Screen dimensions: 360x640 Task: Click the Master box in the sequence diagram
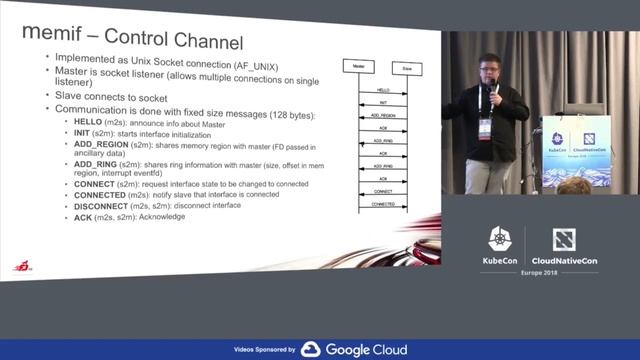coord(356,66)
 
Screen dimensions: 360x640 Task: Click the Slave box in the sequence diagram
coord(405,67)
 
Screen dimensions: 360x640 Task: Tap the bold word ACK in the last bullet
coord(82,217)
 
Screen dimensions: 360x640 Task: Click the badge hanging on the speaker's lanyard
coord(485,127)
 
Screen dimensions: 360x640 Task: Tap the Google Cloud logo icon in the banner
coord(310,350)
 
